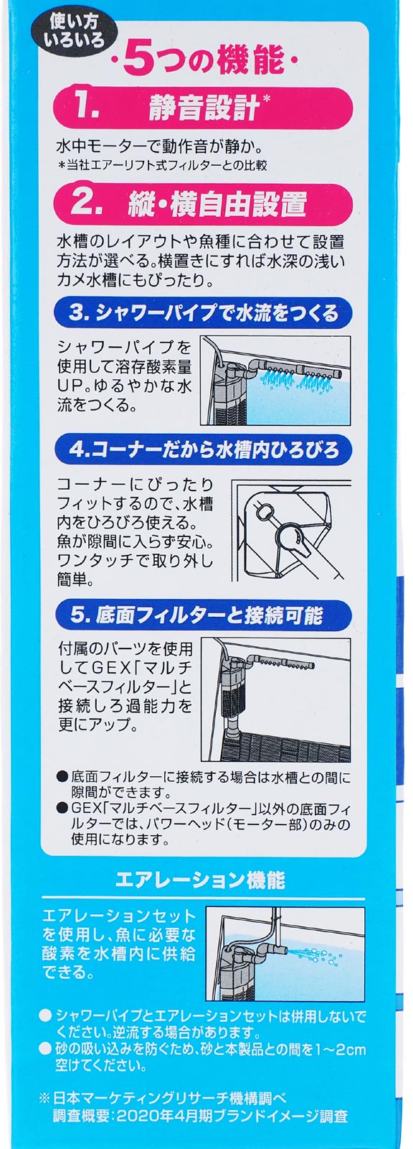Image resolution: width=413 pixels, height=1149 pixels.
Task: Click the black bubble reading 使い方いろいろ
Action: pyautogui.click(x=74, y=32)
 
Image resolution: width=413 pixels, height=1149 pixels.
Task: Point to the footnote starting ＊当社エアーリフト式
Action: pyautogui.click(x=163, y=166)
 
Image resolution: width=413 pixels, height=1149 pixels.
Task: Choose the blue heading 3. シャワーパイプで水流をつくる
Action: pyautogui.click(x=204, y=312)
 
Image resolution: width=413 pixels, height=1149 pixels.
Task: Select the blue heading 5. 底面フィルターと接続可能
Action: pyautogui.click(x=204, y=615)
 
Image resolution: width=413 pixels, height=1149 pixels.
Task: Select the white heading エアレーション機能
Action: pyautogui.click(x=200, y=880)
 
